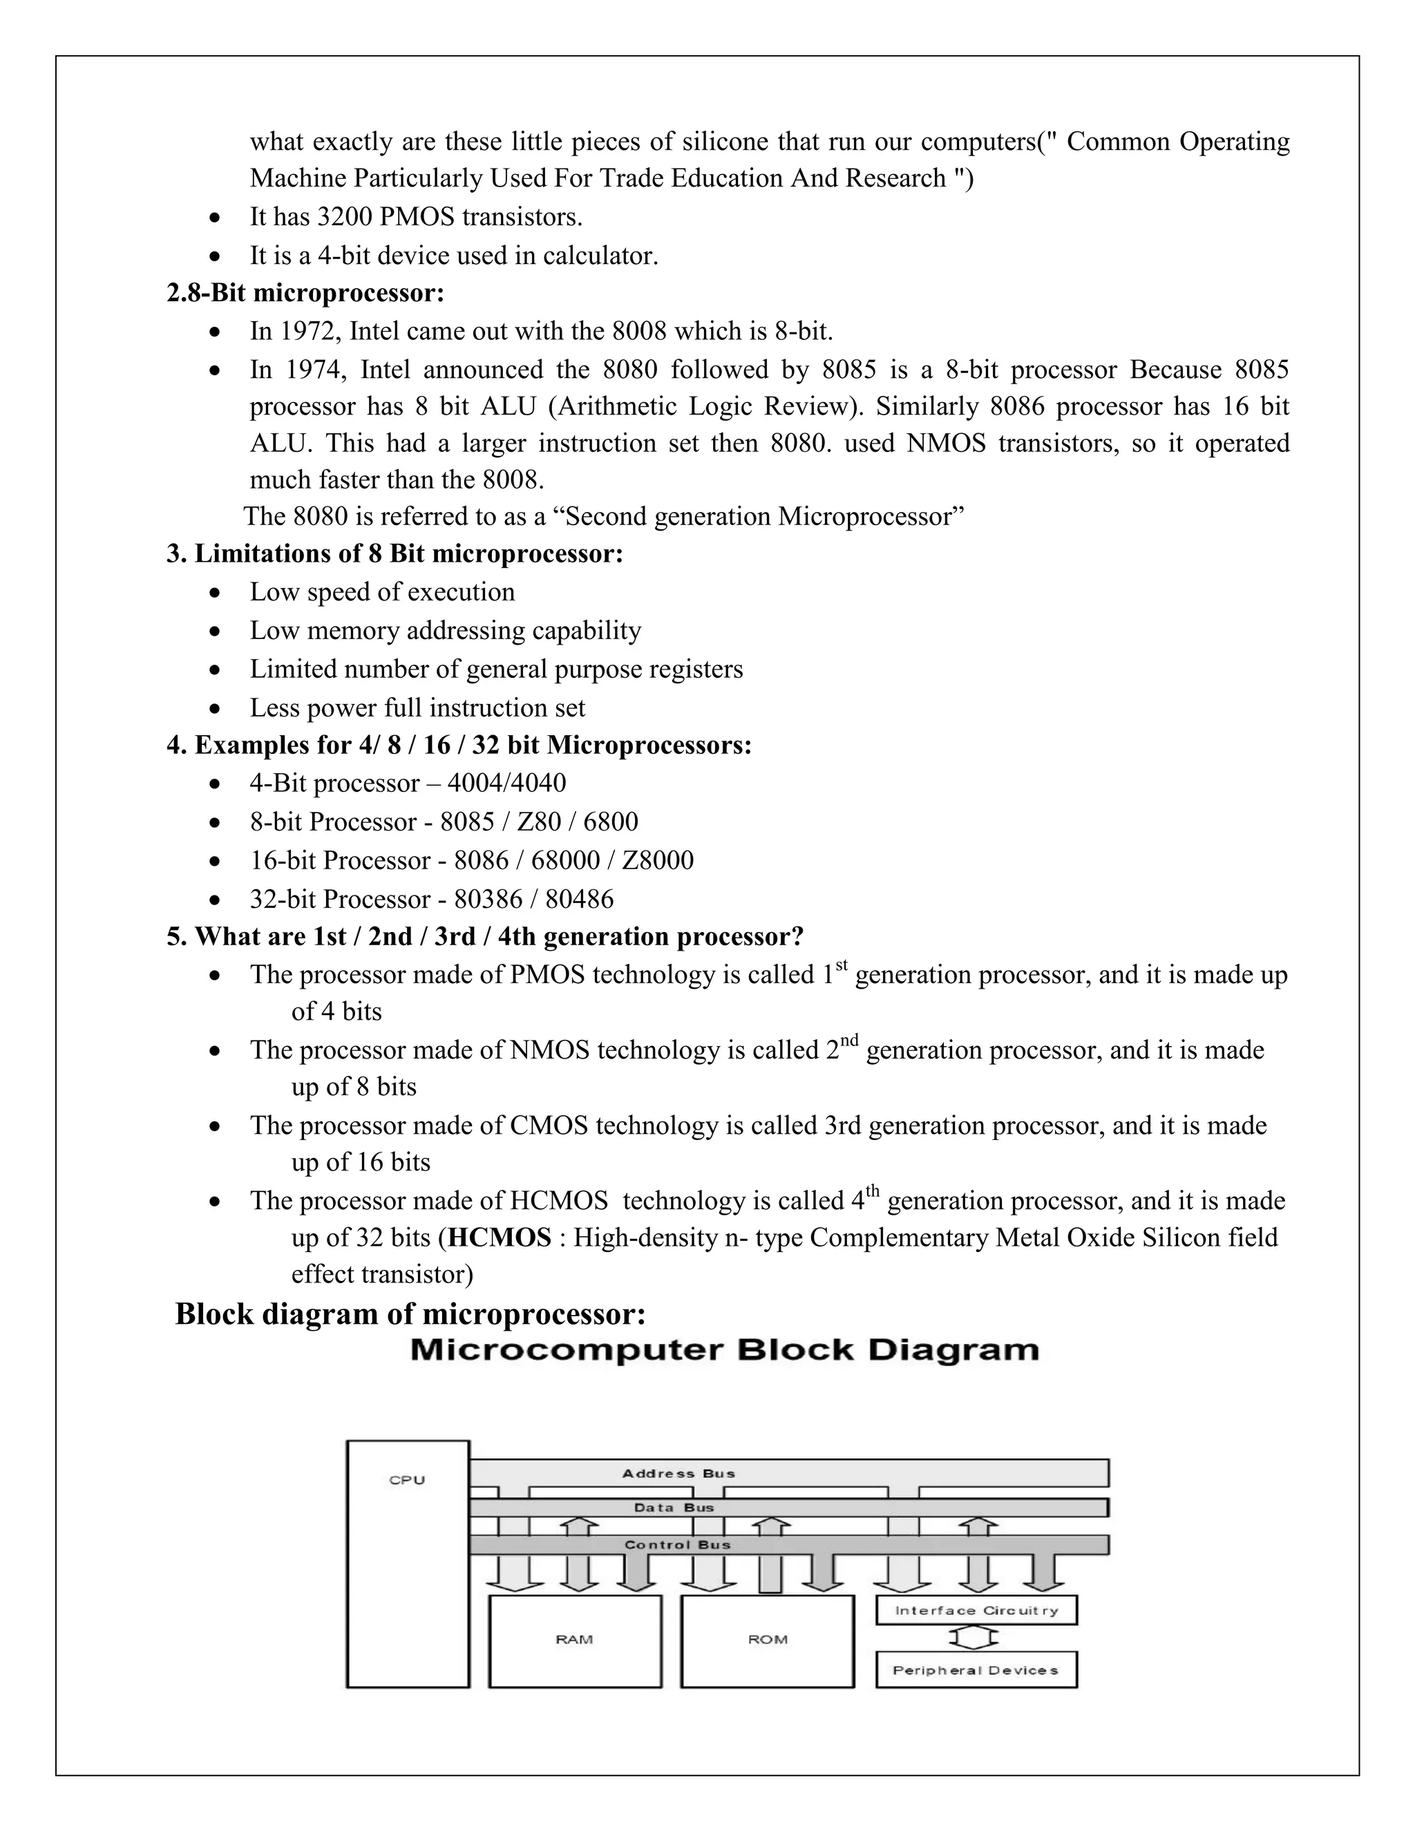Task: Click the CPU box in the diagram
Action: click(408, 1564)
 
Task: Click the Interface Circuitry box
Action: click(976, 1611)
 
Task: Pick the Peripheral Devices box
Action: click(976, 1670)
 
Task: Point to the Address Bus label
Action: click(678, 1473)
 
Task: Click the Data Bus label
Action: click(674, 1508)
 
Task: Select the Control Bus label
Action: click(677, 1544)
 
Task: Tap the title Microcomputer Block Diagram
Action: click(725, 1351)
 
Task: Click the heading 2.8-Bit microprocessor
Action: click(305, 294)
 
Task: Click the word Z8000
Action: click(657, 861)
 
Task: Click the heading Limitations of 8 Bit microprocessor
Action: click(394, 554)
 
